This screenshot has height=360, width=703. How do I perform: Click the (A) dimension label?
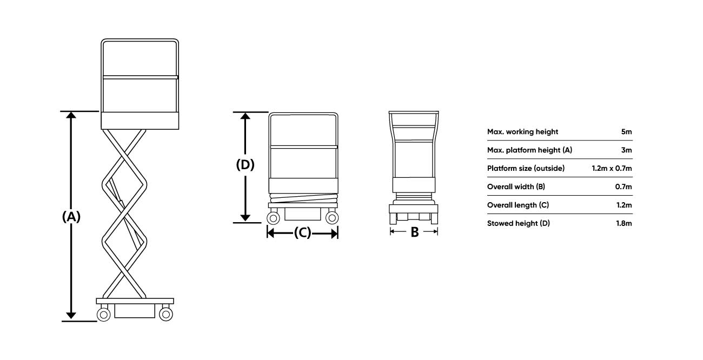(71, 217)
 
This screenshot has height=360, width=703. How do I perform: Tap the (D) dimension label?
(245, 165)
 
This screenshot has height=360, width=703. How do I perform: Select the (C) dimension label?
(302, 232)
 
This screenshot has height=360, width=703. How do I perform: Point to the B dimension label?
(415, 232)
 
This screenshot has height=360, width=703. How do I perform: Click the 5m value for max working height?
(626, 132)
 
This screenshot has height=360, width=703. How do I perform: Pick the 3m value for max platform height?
(626, 150)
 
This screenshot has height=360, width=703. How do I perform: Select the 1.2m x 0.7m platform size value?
(612, 169)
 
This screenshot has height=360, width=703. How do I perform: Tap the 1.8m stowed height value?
(624, 224)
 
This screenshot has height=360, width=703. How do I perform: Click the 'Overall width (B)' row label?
(516, 187)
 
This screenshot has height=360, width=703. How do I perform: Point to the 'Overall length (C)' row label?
(518, 205)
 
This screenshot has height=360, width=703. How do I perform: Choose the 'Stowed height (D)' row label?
(519, 224)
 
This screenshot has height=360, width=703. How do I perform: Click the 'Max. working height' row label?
(522, 132)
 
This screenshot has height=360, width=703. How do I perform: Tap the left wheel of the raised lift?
(104, 314)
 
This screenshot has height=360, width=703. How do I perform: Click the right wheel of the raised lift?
(166, 314)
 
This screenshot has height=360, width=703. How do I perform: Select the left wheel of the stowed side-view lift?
(273, 218)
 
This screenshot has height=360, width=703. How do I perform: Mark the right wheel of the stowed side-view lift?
(332, 218)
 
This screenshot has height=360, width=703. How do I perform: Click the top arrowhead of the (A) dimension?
(71, 115)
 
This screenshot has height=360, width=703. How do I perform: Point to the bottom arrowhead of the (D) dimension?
(245, 218)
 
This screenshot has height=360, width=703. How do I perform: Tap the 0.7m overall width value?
(624, 187)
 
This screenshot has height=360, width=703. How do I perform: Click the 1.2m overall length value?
(624, 205)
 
